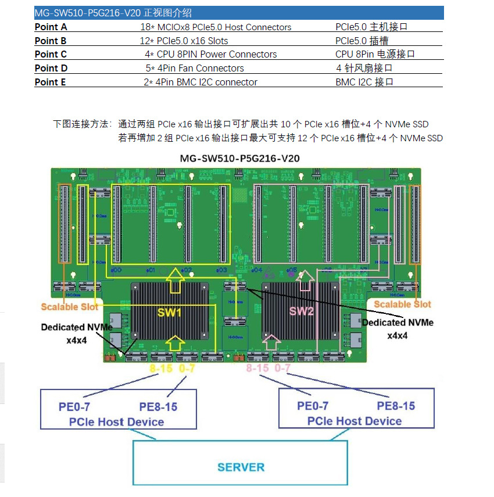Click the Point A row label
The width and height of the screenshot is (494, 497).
51,27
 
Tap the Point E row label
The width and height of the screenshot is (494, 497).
51,82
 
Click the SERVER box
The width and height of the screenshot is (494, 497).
241,467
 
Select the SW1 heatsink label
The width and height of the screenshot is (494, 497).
170,312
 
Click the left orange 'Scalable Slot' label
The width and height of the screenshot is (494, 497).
69,306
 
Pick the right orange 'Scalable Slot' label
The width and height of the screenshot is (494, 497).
402,304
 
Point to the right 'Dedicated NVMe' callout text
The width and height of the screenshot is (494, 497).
398,323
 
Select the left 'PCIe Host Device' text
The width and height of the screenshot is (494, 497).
116,421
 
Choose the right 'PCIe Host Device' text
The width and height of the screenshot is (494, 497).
355,421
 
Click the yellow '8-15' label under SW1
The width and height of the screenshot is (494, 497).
160,369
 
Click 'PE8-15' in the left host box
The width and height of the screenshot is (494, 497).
158,406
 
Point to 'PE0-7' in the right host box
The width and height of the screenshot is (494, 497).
313,406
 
